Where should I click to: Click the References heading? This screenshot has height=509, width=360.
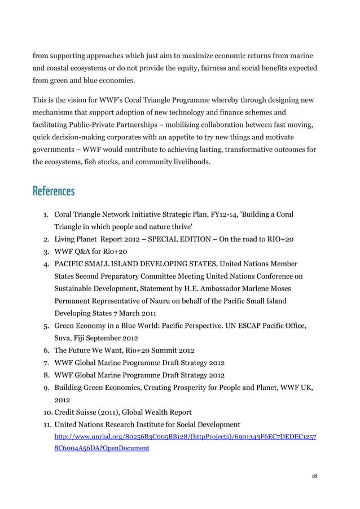click(x=54, y=191)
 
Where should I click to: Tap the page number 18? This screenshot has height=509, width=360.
click(x=314, y=476)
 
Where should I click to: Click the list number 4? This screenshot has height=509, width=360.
click(x=46, y=264)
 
